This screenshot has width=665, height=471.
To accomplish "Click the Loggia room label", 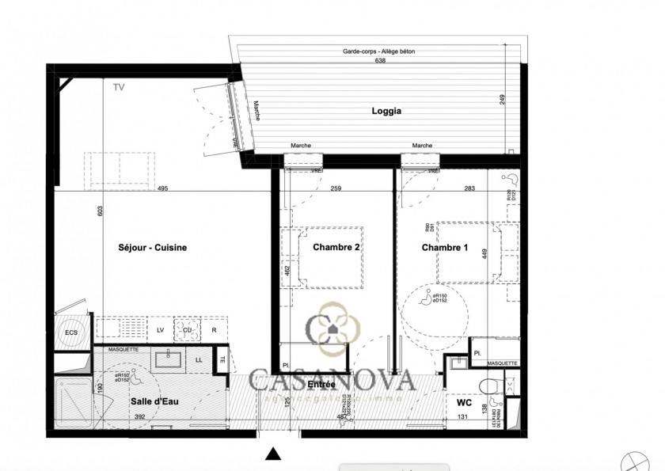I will coord(386,112).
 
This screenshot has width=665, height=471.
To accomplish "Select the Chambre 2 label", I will coord(336,248).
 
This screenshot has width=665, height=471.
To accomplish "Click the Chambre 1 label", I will coord(444,248).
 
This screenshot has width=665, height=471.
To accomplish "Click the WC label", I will coord(465,402).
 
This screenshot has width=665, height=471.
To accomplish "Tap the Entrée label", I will coord(321,384).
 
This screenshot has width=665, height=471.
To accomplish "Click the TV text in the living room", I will coord(119,87).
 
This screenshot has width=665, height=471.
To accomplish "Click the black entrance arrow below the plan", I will coord(273,454).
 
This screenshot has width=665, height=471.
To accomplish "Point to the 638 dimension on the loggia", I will coord(380,60).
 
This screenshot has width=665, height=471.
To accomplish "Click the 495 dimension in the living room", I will coord(163,188).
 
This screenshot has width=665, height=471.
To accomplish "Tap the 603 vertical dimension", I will coord(100,211).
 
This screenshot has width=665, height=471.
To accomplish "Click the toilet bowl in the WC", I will coord(492,386).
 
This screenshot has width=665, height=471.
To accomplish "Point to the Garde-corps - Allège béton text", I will coord(378,51).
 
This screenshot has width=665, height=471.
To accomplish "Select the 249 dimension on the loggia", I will coord(502,99).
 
